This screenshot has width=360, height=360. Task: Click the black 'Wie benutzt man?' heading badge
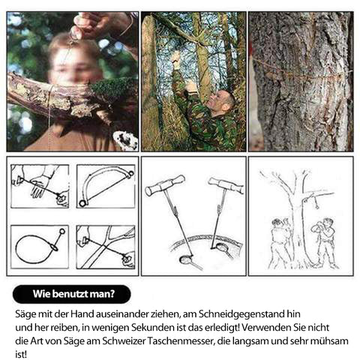(72, 294)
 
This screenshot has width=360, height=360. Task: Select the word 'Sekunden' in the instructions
(152, 328)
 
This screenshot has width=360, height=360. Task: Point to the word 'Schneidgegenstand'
(241, 314)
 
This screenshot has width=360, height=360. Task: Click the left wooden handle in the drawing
(165, 185)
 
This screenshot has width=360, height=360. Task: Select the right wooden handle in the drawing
(226, 185)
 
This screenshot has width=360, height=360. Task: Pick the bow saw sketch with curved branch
(106, 187)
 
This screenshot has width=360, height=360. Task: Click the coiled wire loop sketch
(37, 248)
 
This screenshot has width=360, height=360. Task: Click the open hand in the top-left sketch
(40, 185)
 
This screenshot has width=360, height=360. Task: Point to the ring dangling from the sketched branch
(317, 207)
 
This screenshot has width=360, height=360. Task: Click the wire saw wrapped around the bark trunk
(302, 73)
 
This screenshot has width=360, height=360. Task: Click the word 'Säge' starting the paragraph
(25, 314)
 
